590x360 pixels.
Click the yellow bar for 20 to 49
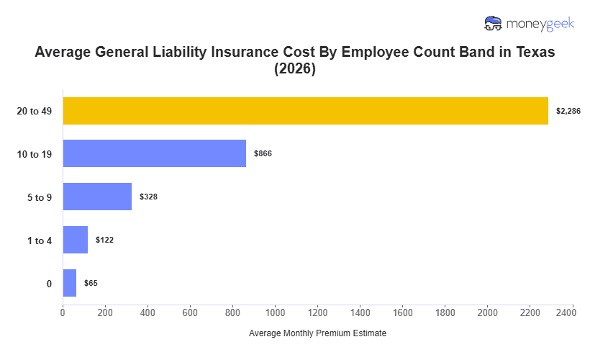(x=305, y=111)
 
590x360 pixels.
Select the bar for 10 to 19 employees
(x=154, y=153)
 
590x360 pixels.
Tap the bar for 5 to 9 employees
(x=97, y=197)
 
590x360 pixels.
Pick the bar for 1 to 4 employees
(x=75, y=240)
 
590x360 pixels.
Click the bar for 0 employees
(x=69, y=283)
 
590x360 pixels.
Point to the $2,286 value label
(x=568, y=111)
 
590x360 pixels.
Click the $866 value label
(x=263, y=153)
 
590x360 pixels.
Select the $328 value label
(x=148, y=197)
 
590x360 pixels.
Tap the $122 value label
(x=104, y=240)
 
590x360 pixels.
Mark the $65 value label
(x=91, y=283)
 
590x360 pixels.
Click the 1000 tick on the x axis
(x=275, y=312)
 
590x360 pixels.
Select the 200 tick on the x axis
(x=105, y=312)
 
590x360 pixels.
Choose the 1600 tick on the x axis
(x=403, y=312)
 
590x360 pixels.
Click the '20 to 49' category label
(x=35, y=111)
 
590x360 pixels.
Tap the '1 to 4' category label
(x=39, y=240)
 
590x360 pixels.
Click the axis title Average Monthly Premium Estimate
(x=317, y=333)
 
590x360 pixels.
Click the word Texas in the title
(x=534, y=53)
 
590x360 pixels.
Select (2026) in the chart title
(x=295, y=71)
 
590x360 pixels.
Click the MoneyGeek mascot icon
(x=493, y=23)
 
